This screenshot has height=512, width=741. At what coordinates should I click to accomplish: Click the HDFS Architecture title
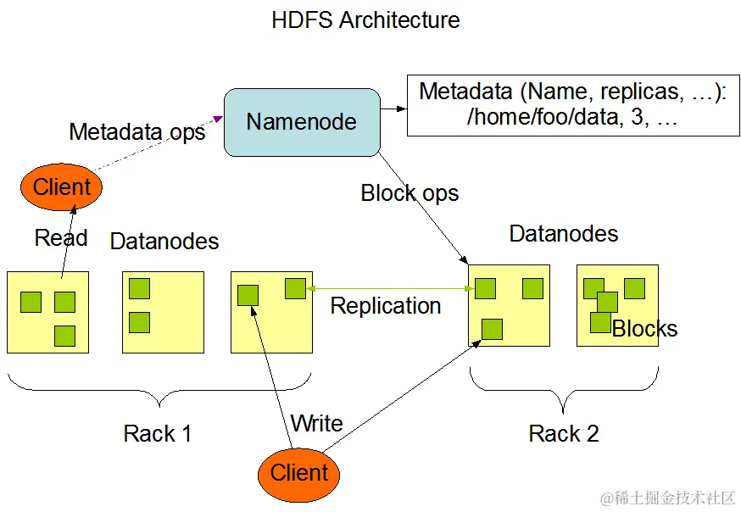pyautogui.click(x=365, y=20)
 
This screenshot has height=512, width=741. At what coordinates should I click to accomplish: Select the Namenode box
pyautogui.click(x=301, y=122)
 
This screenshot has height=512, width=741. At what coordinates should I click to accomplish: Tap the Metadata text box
pyautogui.click(x=573, y=105)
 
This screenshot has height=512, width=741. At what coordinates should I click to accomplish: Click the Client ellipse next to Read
pyautogui.click(x=61, y=186)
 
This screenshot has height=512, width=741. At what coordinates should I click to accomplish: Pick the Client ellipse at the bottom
pyautogui.click(x=298, y=472)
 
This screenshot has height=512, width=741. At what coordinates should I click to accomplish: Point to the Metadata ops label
pyautogui.click(x=136, y=132)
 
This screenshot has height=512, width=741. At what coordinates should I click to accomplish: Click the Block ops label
pyautogui.click(x=409, y=193)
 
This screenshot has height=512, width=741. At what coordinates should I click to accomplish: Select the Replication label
pyautogui.click(x=385, y=305)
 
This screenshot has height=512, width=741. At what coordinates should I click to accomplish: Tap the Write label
pyautogui.click(x=316, y=423)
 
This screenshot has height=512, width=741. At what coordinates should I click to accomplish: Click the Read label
pyautogui.click(x=61, y=238)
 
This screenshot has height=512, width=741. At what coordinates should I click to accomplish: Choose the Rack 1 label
pyautogui.click(x=158, y=434)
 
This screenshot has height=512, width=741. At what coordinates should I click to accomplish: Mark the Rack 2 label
pyautogui.click(x=564, y=434)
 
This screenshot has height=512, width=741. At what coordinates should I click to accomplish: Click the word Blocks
pyautogui.click(x=645, y=329)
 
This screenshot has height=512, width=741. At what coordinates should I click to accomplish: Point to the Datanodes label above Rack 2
pyautogui.click(x=564, y=234)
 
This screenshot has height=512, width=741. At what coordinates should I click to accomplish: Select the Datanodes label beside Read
pyautogui.click(x=164, y=242)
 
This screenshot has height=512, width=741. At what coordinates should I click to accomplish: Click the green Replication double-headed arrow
pyautogui.click(x=390, y=289)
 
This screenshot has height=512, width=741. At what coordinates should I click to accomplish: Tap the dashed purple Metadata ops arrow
pyautogui.click(x=161, y=149)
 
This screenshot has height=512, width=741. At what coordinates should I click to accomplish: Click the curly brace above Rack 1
pyautogui.click(x=159, y=392)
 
